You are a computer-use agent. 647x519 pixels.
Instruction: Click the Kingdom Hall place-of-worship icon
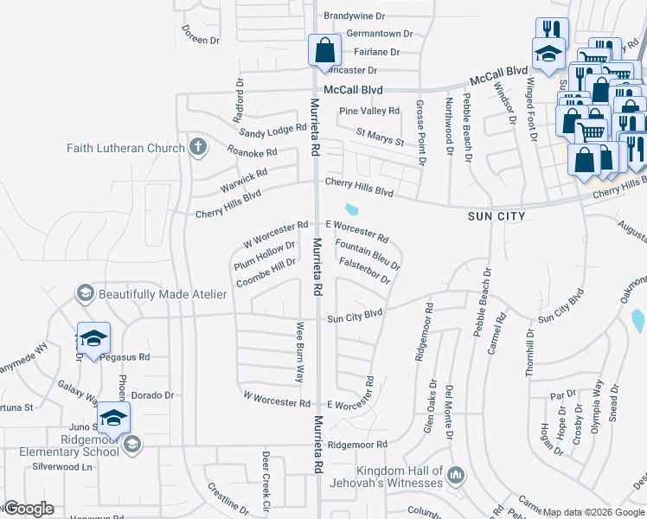coord(458,474)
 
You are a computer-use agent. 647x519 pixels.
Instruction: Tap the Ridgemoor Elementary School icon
coord(131,445)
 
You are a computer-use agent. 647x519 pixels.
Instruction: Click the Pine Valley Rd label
coord(369,111)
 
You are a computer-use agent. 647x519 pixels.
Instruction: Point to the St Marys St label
coord(381,135)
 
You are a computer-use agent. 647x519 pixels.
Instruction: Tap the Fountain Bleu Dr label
coord(367,253)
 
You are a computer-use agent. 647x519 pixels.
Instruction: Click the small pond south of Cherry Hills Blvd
coord(351,208)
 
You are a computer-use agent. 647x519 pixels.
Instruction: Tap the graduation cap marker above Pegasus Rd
coord(93,337)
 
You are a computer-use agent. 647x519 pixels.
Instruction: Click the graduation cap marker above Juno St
coord(113,417)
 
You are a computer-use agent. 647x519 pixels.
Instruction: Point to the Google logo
coord(29,509)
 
